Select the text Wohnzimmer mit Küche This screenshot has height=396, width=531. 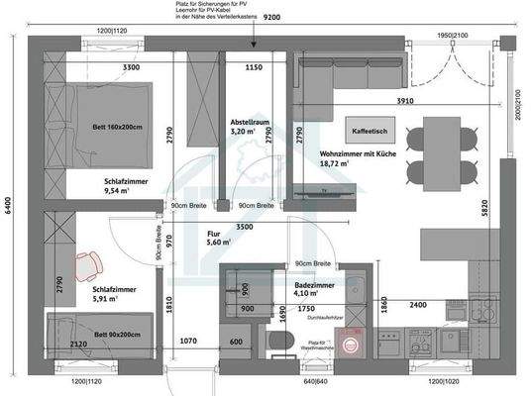[x=358, y=155]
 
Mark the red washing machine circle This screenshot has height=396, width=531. [x=347, y=343]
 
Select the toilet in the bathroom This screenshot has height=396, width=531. [x=278, y=343]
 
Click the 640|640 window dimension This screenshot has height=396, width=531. [x=314, y=381]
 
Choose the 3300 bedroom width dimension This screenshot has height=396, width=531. [x=102, y=67]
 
